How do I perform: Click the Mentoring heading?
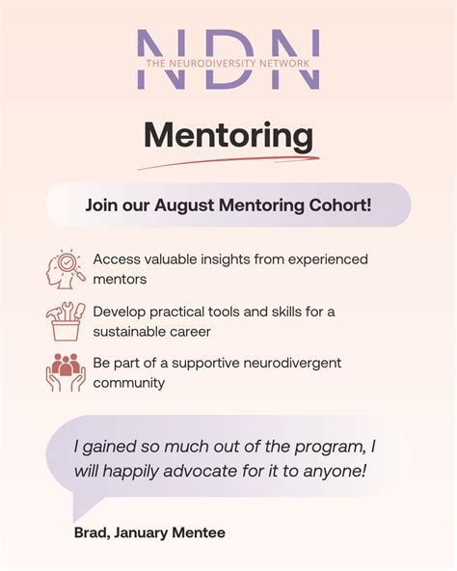[x=228, y=135]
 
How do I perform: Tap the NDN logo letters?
[x=228, y=59]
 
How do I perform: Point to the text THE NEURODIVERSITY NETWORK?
[x=228, y=63]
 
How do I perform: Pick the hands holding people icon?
[x=66, y=373]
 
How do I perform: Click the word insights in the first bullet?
[x=229, y=259]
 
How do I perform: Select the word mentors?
[x=120, y=280]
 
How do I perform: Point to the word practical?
[x=182, y=312]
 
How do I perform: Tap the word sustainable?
[x=134, y=332]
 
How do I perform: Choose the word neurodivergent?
[x=289, y=363]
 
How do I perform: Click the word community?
[x=129, y=383]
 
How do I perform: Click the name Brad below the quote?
[x=91, y=532]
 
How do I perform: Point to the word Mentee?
[x=199, y=532]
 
